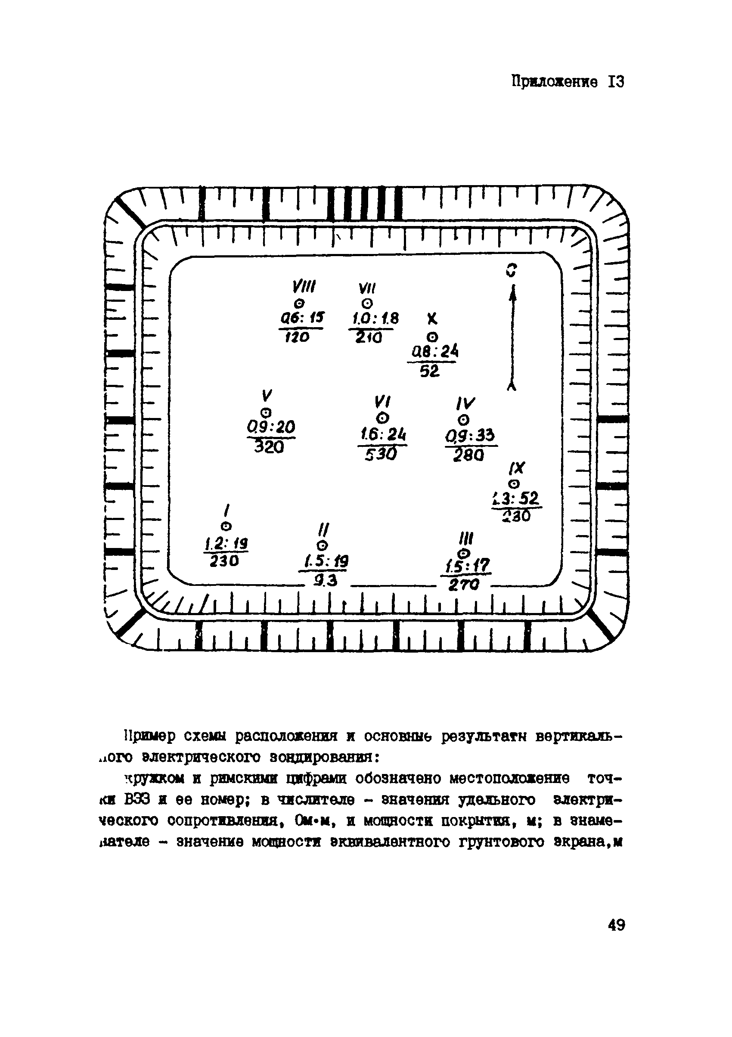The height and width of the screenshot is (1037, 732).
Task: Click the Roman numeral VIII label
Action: tap(304, 286)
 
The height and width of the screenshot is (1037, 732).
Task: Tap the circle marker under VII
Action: tap(368, 303)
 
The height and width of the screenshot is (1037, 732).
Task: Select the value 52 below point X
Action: tap(429, 371)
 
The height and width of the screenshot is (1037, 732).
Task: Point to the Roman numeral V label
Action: tap(267, 395)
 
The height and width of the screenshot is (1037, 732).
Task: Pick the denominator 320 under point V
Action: tap(269, 447)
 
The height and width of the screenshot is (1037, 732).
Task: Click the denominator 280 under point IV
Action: tap(468, 455)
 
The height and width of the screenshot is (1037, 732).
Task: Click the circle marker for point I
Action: tap(226, 526)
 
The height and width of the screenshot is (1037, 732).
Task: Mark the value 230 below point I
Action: tap(224, 561)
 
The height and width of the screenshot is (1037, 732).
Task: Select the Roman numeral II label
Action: tap(323, 529)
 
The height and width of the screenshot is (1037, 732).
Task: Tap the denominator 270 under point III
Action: tap(464, 585)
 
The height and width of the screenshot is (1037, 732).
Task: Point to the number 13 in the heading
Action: tap(616, 82)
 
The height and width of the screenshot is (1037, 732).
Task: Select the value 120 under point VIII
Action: tap(297, 337)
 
